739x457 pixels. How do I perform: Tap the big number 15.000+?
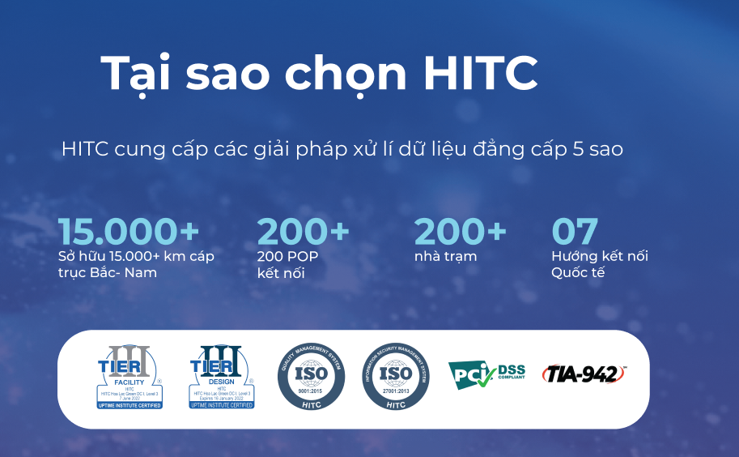(129, 232)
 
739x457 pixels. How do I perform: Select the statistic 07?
(575, 232)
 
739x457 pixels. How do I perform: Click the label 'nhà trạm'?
(445, 256)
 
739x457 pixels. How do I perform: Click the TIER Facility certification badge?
(130, 376)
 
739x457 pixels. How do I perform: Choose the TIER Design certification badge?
(222, 376)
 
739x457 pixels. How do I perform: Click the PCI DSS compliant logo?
(486, 375)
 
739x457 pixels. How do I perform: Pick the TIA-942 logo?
(584, 374)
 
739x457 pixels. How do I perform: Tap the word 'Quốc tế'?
(578, 272)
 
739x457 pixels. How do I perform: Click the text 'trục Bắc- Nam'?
(108, 272)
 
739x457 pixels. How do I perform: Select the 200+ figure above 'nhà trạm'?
(460, 232)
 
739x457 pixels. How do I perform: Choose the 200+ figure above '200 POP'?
(304, 232)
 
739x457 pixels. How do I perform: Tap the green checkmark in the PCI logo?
(485, 377)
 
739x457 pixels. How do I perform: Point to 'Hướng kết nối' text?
(600, 256)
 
